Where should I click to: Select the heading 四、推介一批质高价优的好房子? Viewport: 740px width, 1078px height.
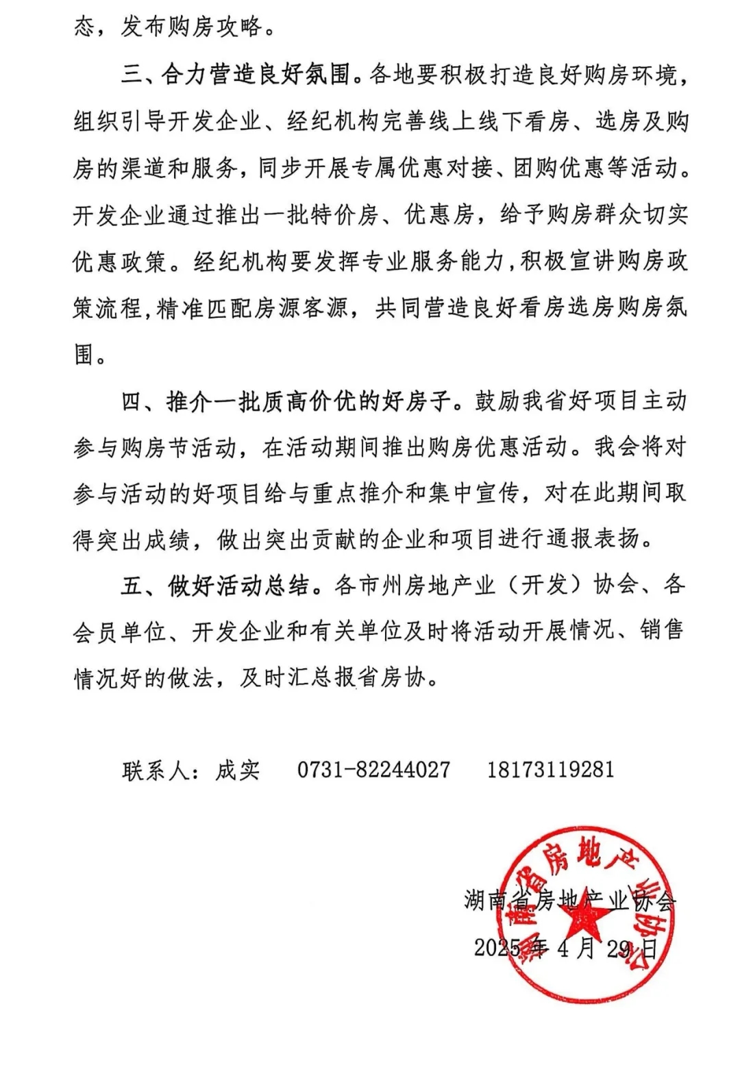(x=288, y=401)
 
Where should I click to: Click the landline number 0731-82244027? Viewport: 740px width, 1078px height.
(x=373, y=769)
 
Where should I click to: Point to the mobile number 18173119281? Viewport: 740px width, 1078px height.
(x=550, y=769)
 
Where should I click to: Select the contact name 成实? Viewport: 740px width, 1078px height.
(x=238, y=770)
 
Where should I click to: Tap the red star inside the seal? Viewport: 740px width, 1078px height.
(x=581, y=914)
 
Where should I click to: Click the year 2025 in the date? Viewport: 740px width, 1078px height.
(x=498, y=949)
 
